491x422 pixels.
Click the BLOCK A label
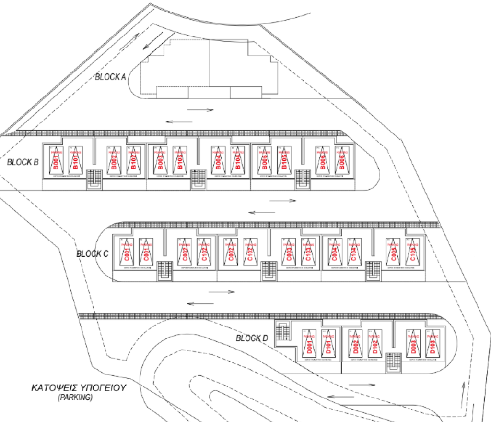pos(110,77)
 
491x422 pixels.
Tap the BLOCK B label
pos(23,162)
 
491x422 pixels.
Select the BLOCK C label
pos(93,254)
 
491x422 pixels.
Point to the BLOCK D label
pos(252,338)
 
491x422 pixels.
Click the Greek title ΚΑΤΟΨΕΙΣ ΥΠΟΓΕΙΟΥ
pos(78,388)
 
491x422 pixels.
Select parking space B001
pos(55,160)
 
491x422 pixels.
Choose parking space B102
pos(134,160)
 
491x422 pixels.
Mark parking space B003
pos(160,160)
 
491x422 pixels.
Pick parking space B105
pos(284,160)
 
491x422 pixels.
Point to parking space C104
pos(354,251)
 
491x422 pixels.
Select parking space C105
pos(412,251)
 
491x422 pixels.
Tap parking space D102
pos(374,344)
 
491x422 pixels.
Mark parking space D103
pos(432,344)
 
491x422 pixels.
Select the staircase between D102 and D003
pos(394,362)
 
